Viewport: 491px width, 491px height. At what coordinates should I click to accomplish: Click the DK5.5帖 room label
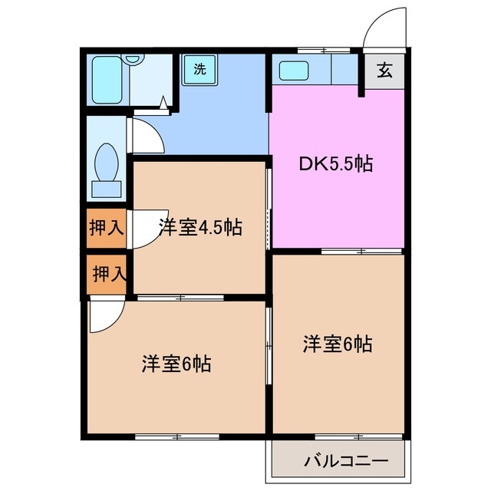[335, 163]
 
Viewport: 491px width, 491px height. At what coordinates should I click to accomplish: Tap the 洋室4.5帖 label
[200, 227]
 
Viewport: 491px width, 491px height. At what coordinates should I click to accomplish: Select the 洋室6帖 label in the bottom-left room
[176, 363]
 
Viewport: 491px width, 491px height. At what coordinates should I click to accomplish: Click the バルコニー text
[345, 462]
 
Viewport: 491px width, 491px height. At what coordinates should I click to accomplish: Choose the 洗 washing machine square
[199, 69]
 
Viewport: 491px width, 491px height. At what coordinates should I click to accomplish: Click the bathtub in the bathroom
[108, 79]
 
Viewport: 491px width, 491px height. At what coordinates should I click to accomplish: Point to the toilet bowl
[105, 160]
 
